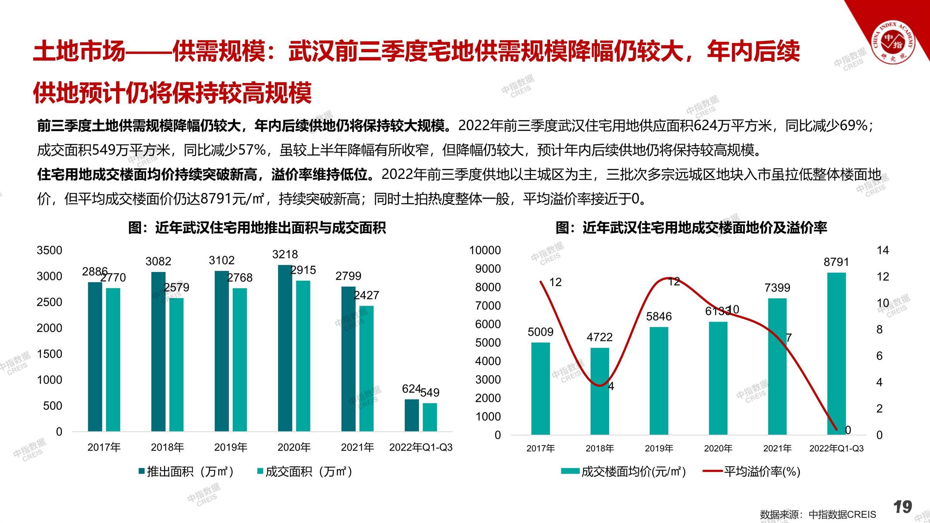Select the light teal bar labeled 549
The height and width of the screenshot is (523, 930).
(x=430, y=417)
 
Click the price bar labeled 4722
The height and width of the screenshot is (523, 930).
(x=599, y=391)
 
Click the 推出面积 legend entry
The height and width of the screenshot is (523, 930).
(x=186, y=471)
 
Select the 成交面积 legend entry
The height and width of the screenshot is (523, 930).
(x=305, y=471)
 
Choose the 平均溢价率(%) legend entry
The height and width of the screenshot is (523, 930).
(x=752, y=471)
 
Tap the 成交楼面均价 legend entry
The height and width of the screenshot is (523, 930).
(x=624, y=471)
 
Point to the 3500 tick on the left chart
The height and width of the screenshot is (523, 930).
(x=49, y=250)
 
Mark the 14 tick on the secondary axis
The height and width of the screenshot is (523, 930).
(x=883, y=250)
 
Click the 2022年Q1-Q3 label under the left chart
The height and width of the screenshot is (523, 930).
(x=421, y=447)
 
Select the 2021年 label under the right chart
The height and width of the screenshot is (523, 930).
(x=777, y=448)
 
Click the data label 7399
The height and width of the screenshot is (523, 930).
(x=777, y=287)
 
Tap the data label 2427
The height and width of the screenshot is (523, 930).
(x=366, y=295)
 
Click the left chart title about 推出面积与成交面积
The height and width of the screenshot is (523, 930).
(x=257, y=228)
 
